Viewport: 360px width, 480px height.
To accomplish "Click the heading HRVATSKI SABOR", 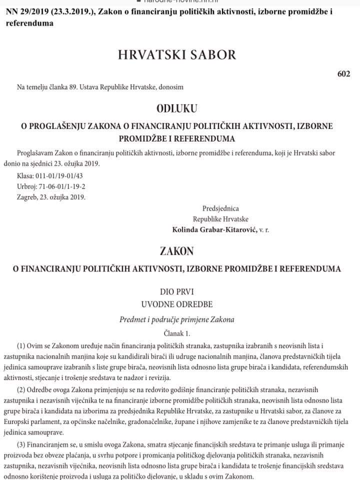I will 176,54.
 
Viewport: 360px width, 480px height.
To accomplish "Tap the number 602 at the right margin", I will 343,73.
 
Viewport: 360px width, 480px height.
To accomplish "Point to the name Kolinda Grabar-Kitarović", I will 214,229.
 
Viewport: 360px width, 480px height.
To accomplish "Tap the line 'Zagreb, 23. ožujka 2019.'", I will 51,196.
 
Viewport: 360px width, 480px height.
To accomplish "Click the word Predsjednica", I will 220,208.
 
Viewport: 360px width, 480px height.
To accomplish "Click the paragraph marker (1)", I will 21,346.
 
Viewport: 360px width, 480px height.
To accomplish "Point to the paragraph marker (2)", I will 21,389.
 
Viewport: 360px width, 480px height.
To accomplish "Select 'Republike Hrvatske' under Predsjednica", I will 220,219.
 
